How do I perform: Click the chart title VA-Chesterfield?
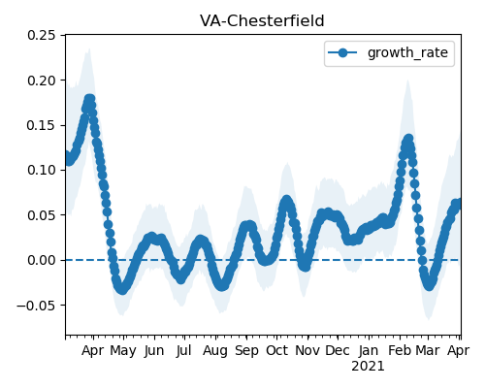262,21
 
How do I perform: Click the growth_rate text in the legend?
407,52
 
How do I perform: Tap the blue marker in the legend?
342,52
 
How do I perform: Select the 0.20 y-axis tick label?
42,81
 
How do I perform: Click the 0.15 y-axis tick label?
42,125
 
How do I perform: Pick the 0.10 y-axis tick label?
42,170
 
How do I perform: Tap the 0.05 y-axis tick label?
42,215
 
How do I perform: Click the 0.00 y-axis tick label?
42,260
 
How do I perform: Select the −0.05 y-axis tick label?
37,306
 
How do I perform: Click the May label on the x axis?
123,351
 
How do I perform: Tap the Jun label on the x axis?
154,351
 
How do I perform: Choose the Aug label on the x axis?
215,351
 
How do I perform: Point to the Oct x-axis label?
276,351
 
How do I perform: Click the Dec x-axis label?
338,351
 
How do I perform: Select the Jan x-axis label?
369,351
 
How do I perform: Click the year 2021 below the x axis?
368,367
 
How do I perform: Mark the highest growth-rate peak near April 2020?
89,99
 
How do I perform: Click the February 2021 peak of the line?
408,139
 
